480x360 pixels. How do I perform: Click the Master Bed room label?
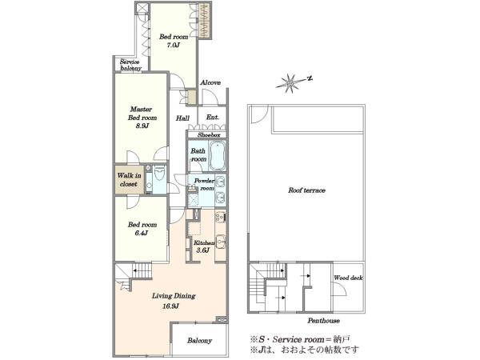(142, 114)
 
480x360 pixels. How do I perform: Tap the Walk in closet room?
(129, 180)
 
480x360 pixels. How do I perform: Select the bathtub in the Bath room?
(218, 155)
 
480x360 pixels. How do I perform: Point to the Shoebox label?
(209, 135)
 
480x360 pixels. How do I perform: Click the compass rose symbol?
(290, 82)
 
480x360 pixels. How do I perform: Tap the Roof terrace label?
(306, 190)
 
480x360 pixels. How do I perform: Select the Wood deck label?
(348, 278)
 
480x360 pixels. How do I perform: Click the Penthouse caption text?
(323, 321)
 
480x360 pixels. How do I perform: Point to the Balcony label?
(199, 341)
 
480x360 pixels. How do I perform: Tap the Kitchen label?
(204, 243)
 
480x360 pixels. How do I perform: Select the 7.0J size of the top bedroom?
(174, 46)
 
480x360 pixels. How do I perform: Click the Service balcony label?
(131, 65)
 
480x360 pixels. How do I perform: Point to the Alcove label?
(210, 82)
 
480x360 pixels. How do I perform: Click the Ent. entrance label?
(213, 118)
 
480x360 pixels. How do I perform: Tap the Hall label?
(182, 118)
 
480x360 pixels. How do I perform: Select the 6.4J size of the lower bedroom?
(142, 233)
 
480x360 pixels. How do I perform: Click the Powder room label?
(204, 184)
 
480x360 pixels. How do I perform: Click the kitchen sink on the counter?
(221, 241)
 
